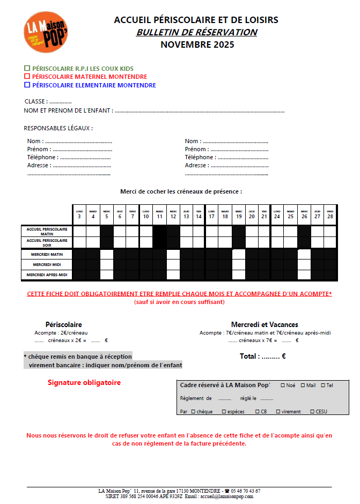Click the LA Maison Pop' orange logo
tap(45, 32)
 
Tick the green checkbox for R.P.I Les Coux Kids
tap(27, 69)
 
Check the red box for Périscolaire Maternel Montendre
tap(27, 77)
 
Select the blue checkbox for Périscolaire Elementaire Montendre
tap(27, 85)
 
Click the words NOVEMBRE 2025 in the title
tap(197, 45)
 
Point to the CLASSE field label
tap(35, 101)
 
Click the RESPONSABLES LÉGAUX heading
tap(58, 128)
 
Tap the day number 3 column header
tap(79, 216)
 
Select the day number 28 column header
tap(330, 216)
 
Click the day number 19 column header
tap(239, 216)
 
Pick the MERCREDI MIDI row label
tap(47, 264)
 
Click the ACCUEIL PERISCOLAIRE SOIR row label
tap(47, 242)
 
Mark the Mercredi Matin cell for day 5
tap(106, 254)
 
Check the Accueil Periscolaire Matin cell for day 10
tap(146, 231)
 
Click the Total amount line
tap(262, 356)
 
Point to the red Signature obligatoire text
tap(84, 382)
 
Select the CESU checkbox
tap(312, 412)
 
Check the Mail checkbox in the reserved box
tap(303, 385)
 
